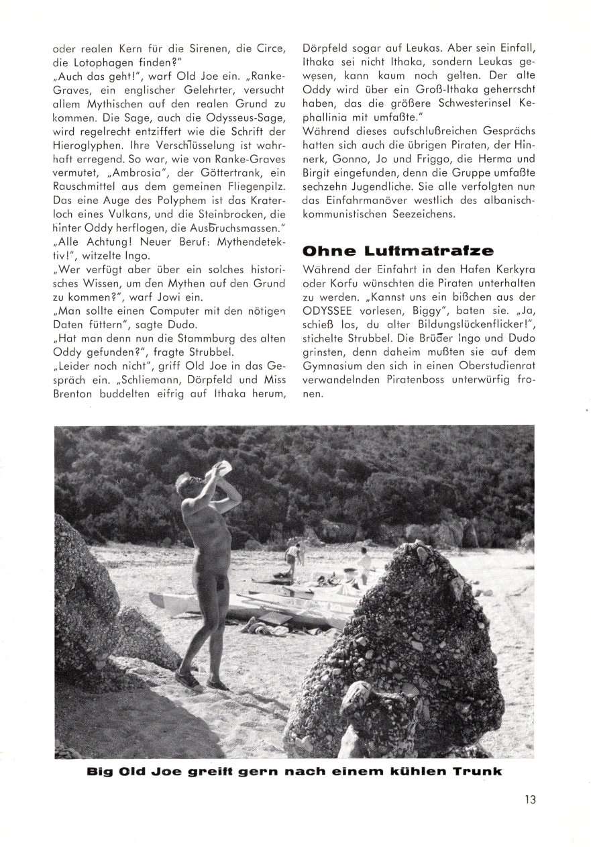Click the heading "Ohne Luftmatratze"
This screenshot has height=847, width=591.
[398, 250]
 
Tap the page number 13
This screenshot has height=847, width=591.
[531, 799]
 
